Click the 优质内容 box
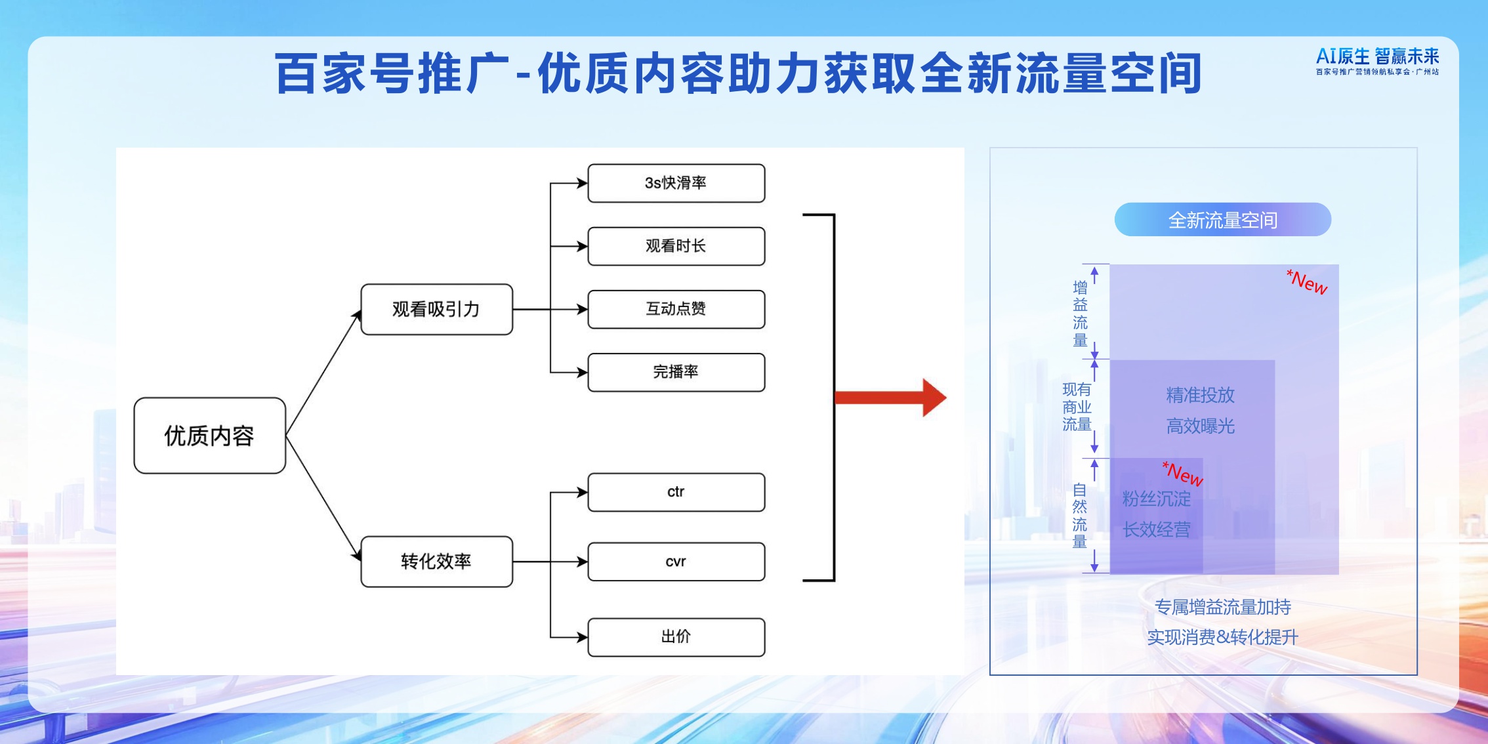(209, 436)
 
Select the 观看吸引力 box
(436, 309)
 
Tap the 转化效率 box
(436, 562)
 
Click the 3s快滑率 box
(676, 183)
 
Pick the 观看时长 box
(676, 246)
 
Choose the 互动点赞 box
(676, 309)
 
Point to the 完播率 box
(676, 372)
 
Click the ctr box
(676, 492)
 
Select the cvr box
(676, 562)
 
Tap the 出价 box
(676, 636)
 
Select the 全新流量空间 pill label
(1222, 220)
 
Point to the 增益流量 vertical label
(1080, 314)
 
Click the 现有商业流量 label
(1077, 407)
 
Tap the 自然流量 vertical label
(1080, 516)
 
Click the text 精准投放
(1200, 395)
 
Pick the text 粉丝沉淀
(1156, 499)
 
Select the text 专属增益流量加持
(1222, 607)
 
